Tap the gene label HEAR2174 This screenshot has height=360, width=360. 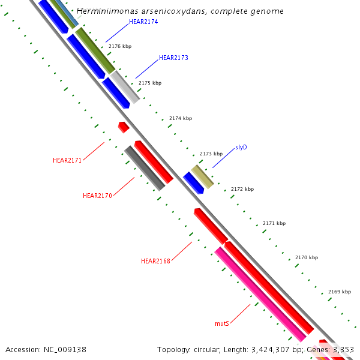point(143,22)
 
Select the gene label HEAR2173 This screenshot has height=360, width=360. point(173,58)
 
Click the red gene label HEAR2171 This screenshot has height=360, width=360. point(67,160)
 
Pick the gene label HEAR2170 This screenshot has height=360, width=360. point(97,196)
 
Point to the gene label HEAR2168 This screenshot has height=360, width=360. point(155,261)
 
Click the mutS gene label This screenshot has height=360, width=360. point(222,323)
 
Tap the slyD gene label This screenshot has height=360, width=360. point(241,147)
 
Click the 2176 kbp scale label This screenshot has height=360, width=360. point(120,46)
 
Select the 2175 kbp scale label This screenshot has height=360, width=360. point(150,83)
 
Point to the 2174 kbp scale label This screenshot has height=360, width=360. point(181,119)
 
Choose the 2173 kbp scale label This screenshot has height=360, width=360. point(211,154)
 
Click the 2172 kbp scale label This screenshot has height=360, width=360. point(242,189)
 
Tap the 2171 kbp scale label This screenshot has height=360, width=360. point(274,223)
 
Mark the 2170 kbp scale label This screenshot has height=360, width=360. point(307,257)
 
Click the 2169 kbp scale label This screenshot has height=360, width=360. point(340,292)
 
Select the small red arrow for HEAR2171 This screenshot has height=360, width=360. point(124,127)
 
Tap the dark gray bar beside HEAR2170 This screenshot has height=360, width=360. point(144,168)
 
